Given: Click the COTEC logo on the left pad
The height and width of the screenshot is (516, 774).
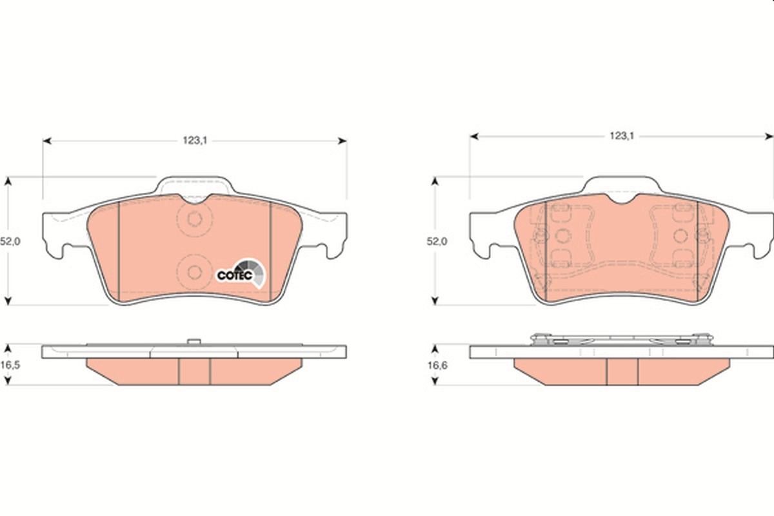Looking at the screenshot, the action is tap(241, 273).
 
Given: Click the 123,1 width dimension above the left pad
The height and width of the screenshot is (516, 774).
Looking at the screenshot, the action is tap(195, 141).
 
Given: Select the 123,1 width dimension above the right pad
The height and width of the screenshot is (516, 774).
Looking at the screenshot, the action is tap(622, 136).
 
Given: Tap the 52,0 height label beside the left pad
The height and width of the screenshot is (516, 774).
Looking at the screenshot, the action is tap(10, 241).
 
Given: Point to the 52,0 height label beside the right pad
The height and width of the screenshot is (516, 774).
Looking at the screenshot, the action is tap(437, 241).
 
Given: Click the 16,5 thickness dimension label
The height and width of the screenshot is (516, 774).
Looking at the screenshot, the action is tap(10, 365).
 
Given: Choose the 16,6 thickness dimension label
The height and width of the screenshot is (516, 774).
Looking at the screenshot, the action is tap(437, 365).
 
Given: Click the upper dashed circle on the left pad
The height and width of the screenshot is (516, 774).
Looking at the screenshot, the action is tap(195, 219).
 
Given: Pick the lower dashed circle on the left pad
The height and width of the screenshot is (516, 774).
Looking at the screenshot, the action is tap(195, 272).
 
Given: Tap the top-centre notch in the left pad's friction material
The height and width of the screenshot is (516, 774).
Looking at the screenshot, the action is tap(195, 201).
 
